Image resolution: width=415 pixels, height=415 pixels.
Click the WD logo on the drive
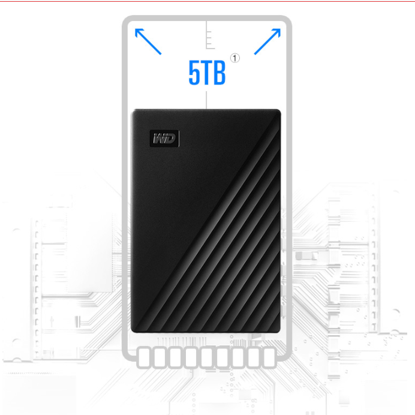[164, 138]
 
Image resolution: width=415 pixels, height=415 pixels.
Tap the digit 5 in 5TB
[195, 73]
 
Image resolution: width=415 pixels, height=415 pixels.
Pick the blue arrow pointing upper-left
[148, 41]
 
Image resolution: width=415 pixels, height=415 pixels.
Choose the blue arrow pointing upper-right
[267, 41]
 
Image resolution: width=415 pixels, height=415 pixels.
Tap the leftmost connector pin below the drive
[145, 358]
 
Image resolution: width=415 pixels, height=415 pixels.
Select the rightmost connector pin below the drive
[269, 358]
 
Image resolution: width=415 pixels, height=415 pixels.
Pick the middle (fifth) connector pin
[207, 358]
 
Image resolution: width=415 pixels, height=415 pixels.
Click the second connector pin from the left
[161, 358]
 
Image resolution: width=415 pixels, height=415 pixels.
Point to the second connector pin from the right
[253, 358]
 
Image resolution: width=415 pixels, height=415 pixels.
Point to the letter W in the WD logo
[160, 139]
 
